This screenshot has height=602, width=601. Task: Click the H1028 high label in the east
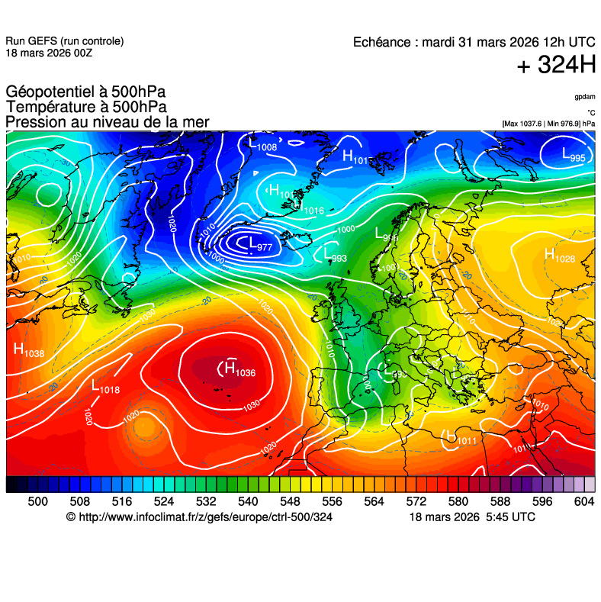pos(559,256)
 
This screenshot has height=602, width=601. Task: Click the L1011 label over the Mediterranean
pos(461,439)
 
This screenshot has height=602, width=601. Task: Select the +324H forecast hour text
pos(556,66)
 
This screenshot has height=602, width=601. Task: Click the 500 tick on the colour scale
pos(38,501)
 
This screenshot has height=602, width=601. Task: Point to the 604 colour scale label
pos(584,501)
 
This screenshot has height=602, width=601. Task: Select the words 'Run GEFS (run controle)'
pos(64,41)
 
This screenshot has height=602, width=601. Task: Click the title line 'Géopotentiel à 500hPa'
pos(86,92)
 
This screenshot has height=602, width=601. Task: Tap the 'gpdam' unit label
pos(585,97)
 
